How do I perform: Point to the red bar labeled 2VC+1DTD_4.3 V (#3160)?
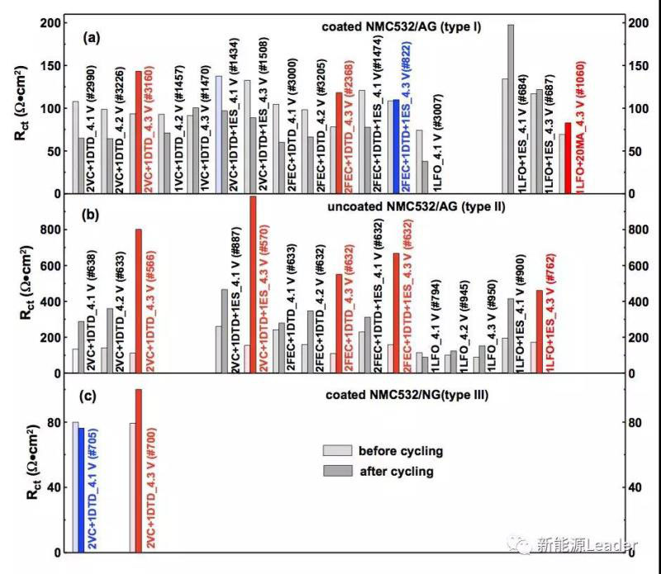point(139,132)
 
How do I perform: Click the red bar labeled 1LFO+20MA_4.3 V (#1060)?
point(568,158)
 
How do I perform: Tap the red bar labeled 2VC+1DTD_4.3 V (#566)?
point(139,301)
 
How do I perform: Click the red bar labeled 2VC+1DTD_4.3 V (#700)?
point(139,470)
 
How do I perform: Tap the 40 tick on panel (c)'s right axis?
point(630,487)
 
